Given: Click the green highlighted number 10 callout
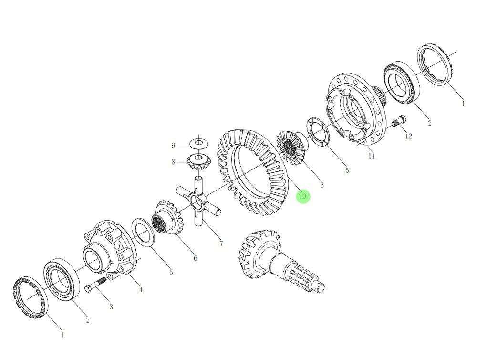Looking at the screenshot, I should [302, 196].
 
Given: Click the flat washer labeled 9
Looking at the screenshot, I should [197, 143].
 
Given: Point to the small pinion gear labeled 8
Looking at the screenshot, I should [196, 161].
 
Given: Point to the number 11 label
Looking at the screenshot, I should [371, 156].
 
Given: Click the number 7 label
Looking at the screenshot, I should [221, 244].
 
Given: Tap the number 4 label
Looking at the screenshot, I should [140, 290].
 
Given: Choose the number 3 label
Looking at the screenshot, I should [111, 307].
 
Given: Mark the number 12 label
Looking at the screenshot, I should [408, 136].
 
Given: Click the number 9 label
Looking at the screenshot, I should [174, 145].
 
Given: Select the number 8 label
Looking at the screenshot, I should [174, 162].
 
